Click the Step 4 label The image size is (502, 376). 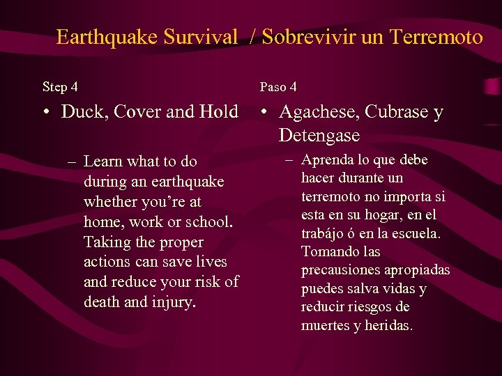(60, 87)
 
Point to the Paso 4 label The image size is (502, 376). (278, 87)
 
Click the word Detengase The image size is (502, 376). (319, 135)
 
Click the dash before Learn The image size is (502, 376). (72, 162)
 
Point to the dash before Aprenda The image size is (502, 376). (289, 160)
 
